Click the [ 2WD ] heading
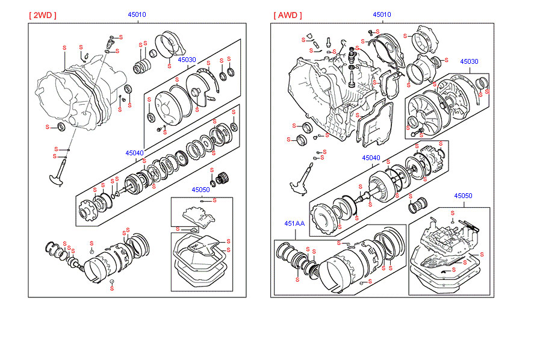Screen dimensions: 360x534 pyautogui.click(x=42, y=15)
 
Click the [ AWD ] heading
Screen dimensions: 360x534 pyautogui.click(x=288, y=15)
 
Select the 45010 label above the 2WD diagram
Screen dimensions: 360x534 pyautogui.click(x=137, y=14)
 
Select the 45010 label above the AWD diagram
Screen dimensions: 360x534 pyautogui.click(x=382, y=14)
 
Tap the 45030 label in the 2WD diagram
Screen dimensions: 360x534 pyautogui.click(x=187, y=60)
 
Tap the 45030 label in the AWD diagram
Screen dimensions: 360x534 pyautogui.click(x=469, y=61)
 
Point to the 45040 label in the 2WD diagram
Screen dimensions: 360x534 pyautogui.click(x=135, y=153)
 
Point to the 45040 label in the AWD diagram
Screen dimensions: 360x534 pyautogui.click(x=371, y=158)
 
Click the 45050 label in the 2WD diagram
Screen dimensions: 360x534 pyautogui.click(x=200, y=190)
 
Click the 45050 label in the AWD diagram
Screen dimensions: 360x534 pyautogui.click(x=463, y=196)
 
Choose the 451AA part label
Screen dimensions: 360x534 pyautogui.click(x=294, y=223)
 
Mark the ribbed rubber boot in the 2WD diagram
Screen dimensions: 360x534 pyautogui.click(x=143, y=67)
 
